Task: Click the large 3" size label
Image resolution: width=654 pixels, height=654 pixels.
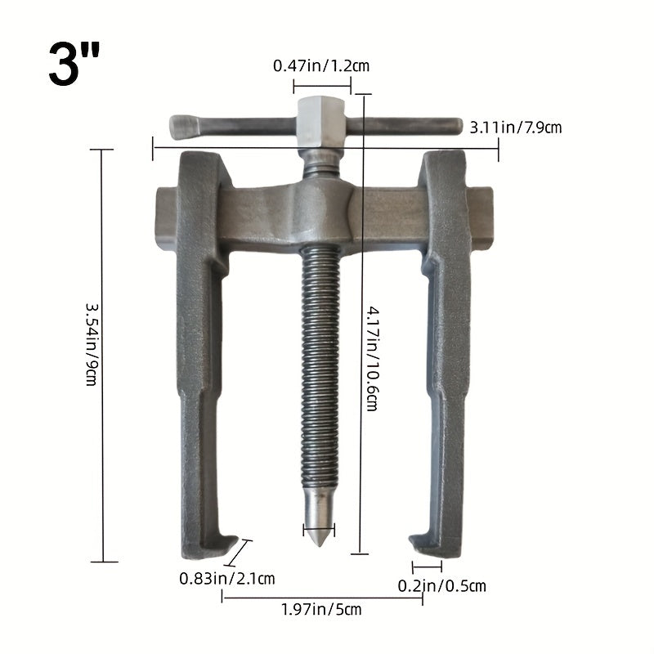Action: tap(75, 65)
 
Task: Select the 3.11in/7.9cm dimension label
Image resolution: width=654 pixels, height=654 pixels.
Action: tap(515, 127)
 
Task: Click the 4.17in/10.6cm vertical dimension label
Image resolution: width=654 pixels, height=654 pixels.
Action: tap(371, 357)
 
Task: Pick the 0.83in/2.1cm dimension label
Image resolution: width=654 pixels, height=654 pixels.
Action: tap(226, 579)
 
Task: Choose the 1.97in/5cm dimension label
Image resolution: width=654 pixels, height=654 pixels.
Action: tap(320, 609)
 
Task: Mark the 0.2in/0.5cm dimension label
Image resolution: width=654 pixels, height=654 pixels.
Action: tap(441, 585)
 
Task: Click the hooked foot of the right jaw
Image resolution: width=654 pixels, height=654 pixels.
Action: tap(430, 545)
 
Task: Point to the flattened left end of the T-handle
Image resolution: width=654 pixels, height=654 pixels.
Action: tap(184, 127)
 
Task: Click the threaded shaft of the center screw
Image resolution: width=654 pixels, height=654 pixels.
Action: tap(319, 368)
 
